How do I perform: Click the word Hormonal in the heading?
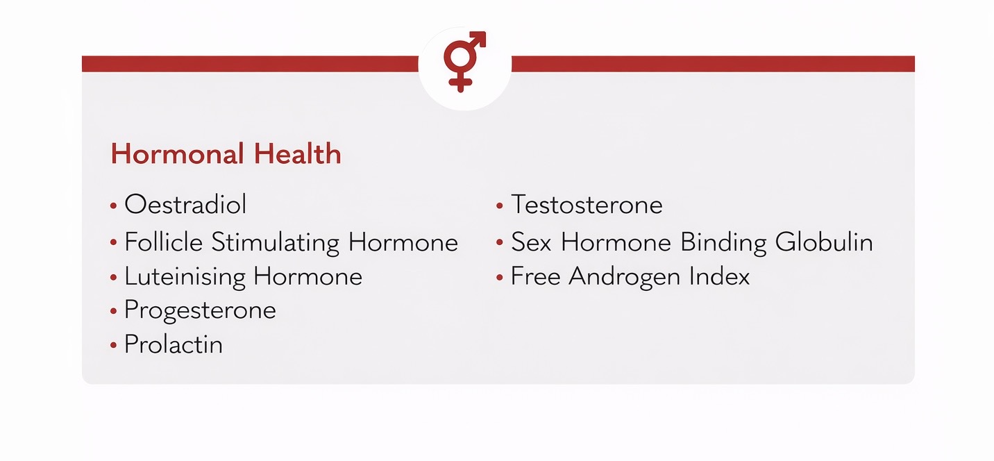click(x=178, y=153)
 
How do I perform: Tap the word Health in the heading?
click(x=297, y=153)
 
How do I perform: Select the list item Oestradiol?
click(x=185, y=205)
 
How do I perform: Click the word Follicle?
click(x=163, y=242)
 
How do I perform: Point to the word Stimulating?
click(x=276, y=243)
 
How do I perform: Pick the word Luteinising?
click(x=185, y=277)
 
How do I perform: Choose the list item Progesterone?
click(x=200, y=310)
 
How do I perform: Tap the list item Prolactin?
click(x=174, y=344)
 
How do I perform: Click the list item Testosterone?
click(x=587, y=205)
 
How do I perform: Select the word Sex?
click(x=531, y=242)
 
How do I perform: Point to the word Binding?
click(x=723, y=243)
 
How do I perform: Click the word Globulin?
click(x=824, y=242)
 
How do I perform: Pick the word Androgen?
click(x=624, y=277)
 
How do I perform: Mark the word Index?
click(x=719, y=276)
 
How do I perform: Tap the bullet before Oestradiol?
click(x=114, y=206)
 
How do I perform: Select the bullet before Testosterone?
click(x=500, y=206)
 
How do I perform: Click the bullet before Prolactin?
click(x=114, y=345)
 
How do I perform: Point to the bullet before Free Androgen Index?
click(x=500, y=277)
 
